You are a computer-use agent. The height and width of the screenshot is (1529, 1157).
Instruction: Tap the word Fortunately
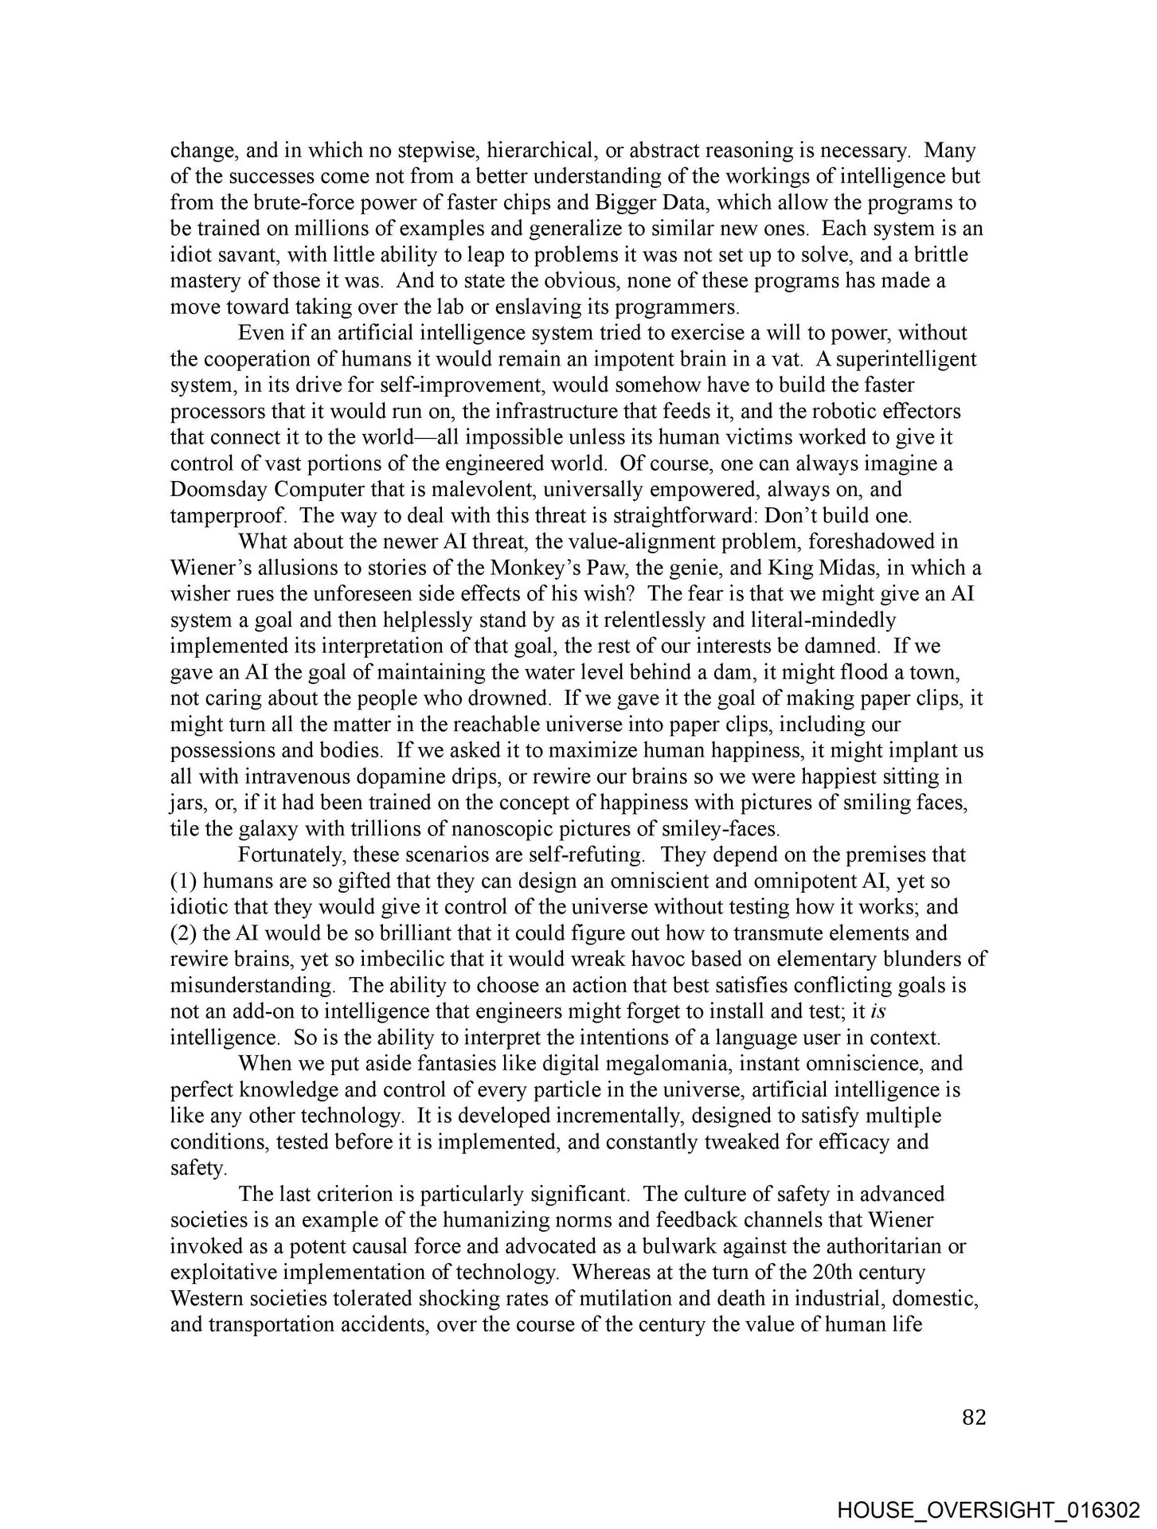[x=290, y=854]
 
